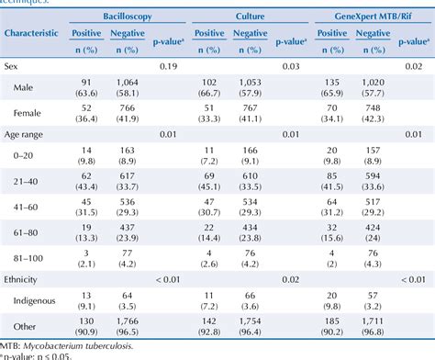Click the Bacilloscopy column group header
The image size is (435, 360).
(114, 17)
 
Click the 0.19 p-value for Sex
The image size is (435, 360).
(169, 68)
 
